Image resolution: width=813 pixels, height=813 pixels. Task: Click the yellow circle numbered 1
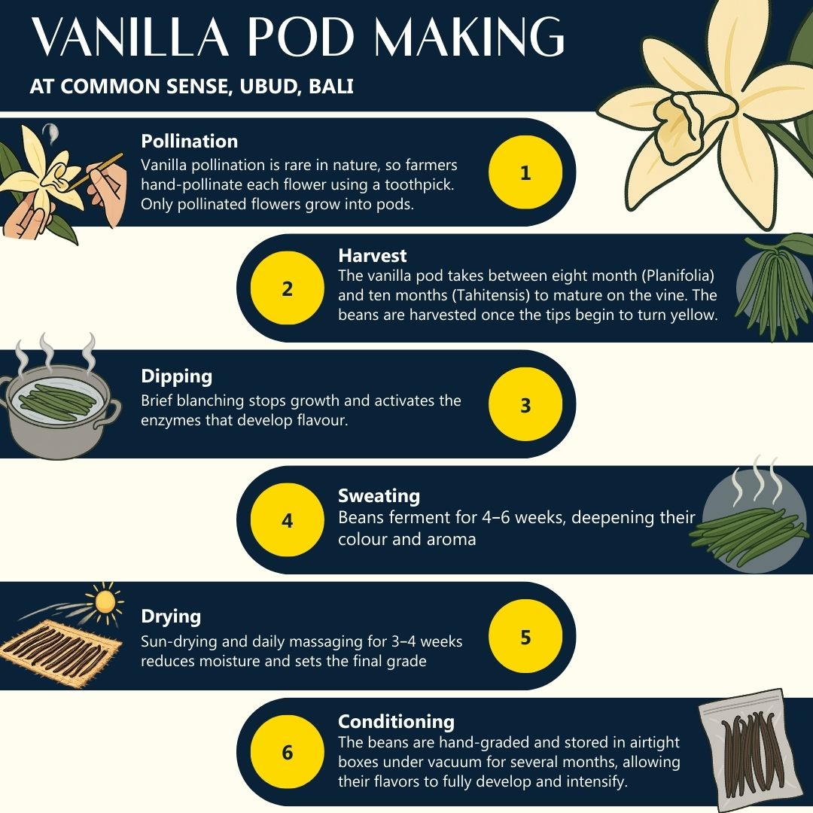point(525,172)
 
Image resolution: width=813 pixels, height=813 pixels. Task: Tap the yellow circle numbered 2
point(287,288)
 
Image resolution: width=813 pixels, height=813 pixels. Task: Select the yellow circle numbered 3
point(525,404)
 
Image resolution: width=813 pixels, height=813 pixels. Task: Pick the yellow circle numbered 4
point(287,520)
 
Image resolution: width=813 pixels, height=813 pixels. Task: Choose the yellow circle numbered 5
point(525,636)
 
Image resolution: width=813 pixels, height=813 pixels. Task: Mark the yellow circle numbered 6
point(287,752)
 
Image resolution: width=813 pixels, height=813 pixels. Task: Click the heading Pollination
point(189,141)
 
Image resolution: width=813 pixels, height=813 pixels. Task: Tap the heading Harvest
point(373,256)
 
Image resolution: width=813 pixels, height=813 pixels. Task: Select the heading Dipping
point(176,376)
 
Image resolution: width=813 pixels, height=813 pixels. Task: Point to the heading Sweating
point(379,495)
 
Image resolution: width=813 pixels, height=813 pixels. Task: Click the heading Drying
point(171,616)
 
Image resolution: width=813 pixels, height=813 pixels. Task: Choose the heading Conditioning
point(396,721)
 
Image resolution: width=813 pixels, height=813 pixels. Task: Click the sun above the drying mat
point(104,600)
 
